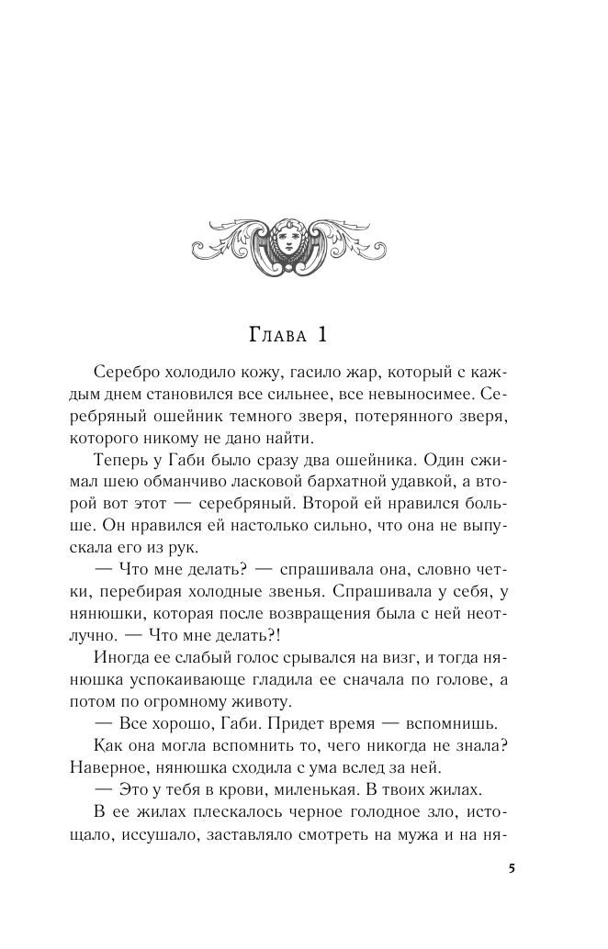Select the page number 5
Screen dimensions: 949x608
point(510,868)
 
